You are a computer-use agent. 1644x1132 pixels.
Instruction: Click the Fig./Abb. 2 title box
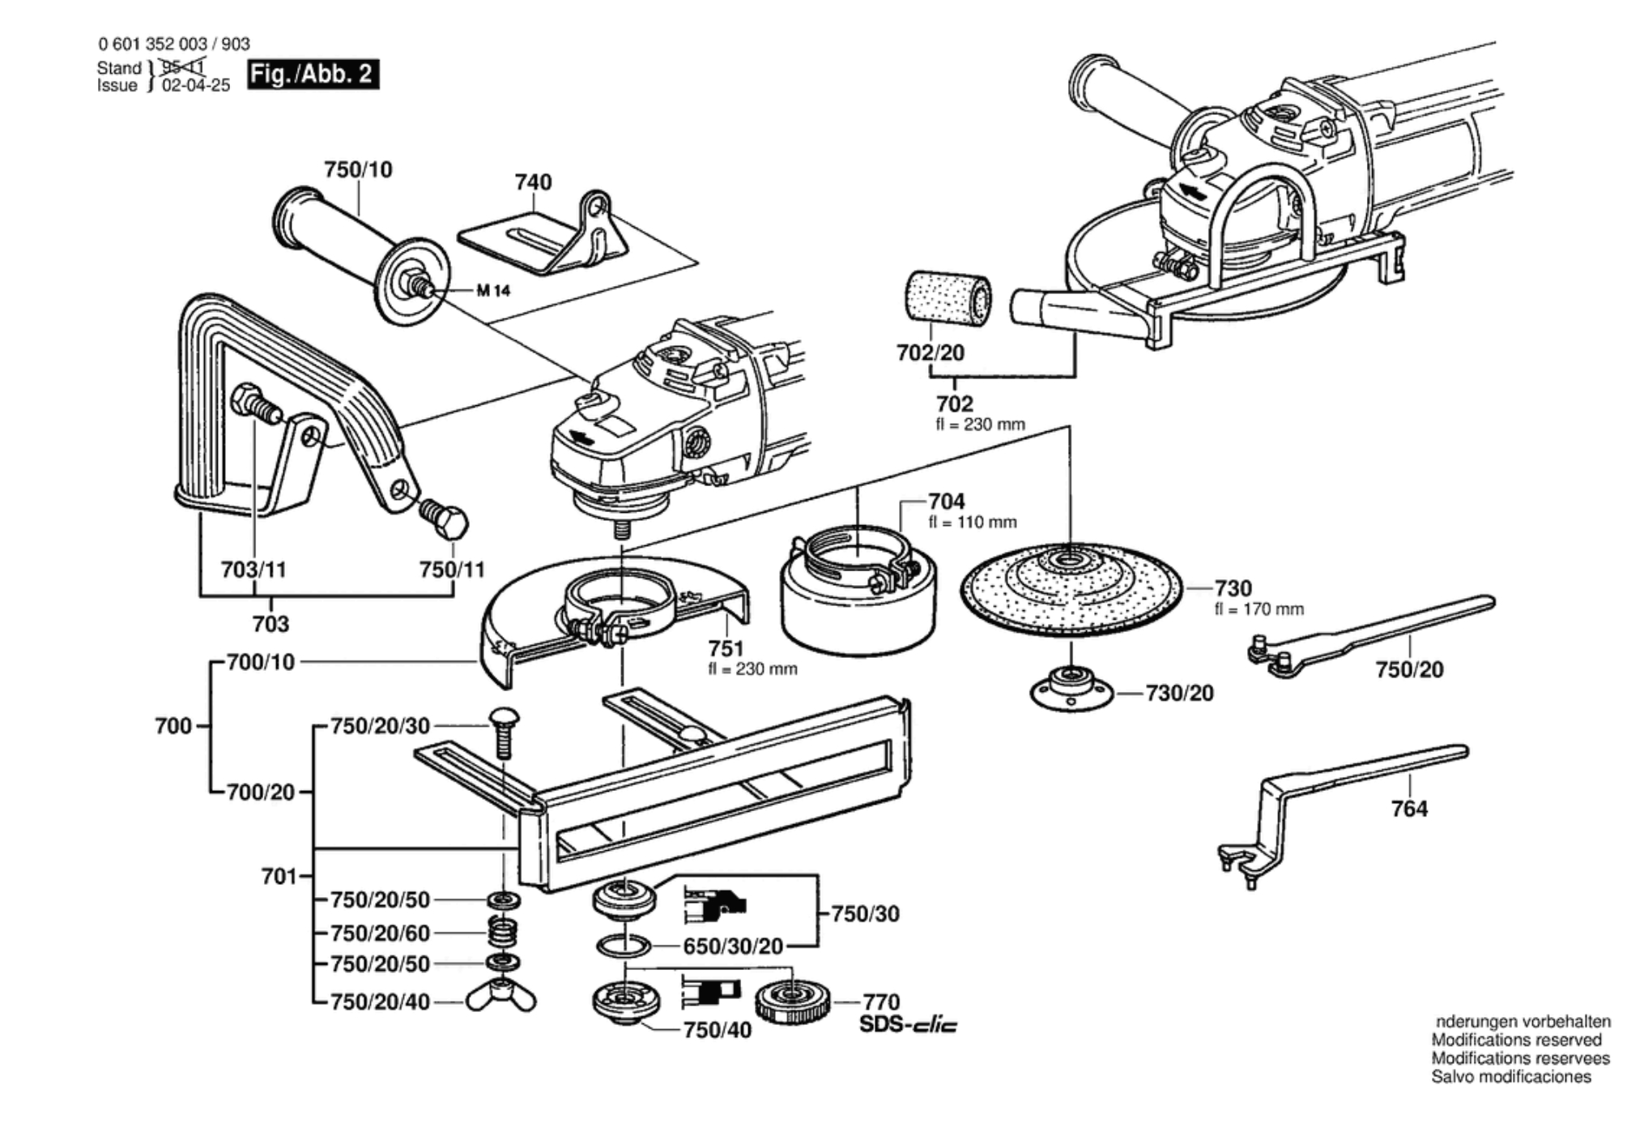(313, 75)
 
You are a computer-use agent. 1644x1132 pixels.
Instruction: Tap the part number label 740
(533, 182)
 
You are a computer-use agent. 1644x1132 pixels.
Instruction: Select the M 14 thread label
(493, 290)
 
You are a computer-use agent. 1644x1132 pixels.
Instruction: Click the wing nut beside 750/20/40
(501, 999)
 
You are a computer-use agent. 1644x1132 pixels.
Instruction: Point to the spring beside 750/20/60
(504, 932)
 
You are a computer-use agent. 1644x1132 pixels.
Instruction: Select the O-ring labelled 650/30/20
(624, 945)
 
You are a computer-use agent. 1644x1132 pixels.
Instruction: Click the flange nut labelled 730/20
(1071, 690)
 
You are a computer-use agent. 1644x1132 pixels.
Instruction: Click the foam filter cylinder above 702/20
(946, 296)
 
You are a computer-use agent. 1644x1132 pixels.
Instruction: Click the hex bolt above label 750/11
(444, 519)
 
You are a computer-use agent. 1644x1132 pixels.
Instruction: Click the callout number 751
(726, 649)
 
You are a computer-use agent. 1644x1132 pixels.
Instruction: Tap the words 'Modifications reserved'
(1516, 1040)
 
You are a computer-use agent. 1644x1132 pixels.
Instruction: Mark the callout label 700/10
(261, 662)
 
